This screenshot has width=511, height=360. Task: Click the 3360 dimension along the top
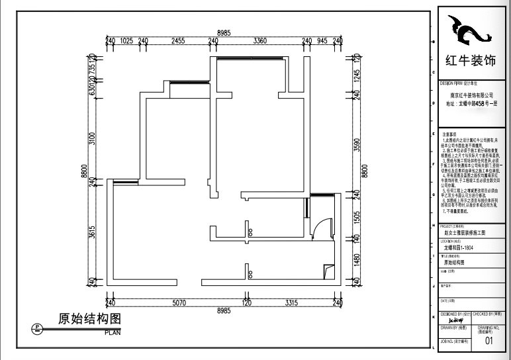[x=259, y=40]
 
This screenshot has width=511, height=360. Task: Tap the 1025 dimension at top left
[x=127, y=40]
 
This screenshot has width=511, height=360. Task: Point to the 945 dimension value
[x=322, y=40]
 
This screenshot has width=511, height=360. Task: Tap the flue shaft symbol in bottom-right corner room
[x=329, y=270]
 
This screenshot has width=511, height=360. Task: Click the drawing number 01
[x=489, y=341]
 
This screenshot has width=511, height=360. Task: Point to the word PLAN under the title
[x=113, y=332]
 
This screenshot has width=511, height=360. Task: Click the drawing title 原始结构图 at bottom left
[x=89, y=319]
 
